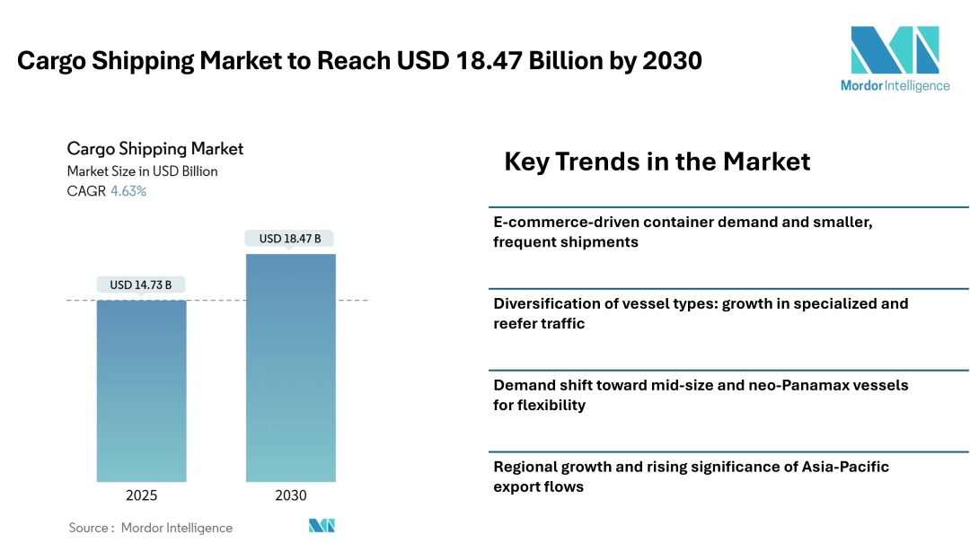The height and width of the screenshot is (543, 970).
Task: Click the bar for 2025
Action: coord(141,390)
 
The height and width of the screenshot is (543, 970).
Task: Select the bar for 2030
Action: coord(290,367)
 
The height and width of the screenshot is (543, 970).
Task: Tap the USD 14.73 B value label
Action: coord(141,285)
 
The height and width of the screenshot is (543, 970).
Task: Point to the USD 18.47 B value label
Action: coord(290,239)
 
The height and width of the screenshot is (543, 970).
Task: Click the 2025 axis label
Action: coord(141,495)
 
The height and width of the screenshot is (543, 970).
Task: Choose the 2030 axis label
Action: coord(290,495)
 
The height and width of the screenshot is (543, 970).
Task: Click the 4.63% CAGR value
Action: coord(128,191)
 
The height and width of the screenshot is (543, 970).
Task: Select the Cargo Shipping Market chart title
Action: coord(155,149)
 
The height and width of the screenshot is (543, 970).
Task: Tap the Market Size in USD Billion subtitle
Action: coord(143,171)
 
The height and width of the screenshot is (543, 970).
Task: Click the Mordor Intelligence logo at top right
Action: coord(895,58)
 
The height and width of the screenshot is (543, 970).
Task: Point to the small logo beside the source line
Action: coord(322,526)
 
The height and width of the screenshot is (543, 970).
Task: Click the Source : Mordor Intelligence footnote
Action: coord(151,528)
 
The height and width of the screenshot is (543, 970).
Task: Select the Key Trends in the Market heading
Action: coord(657,162)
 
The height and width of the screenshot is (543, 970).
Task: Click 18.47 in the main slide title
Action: coord(504,61)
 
